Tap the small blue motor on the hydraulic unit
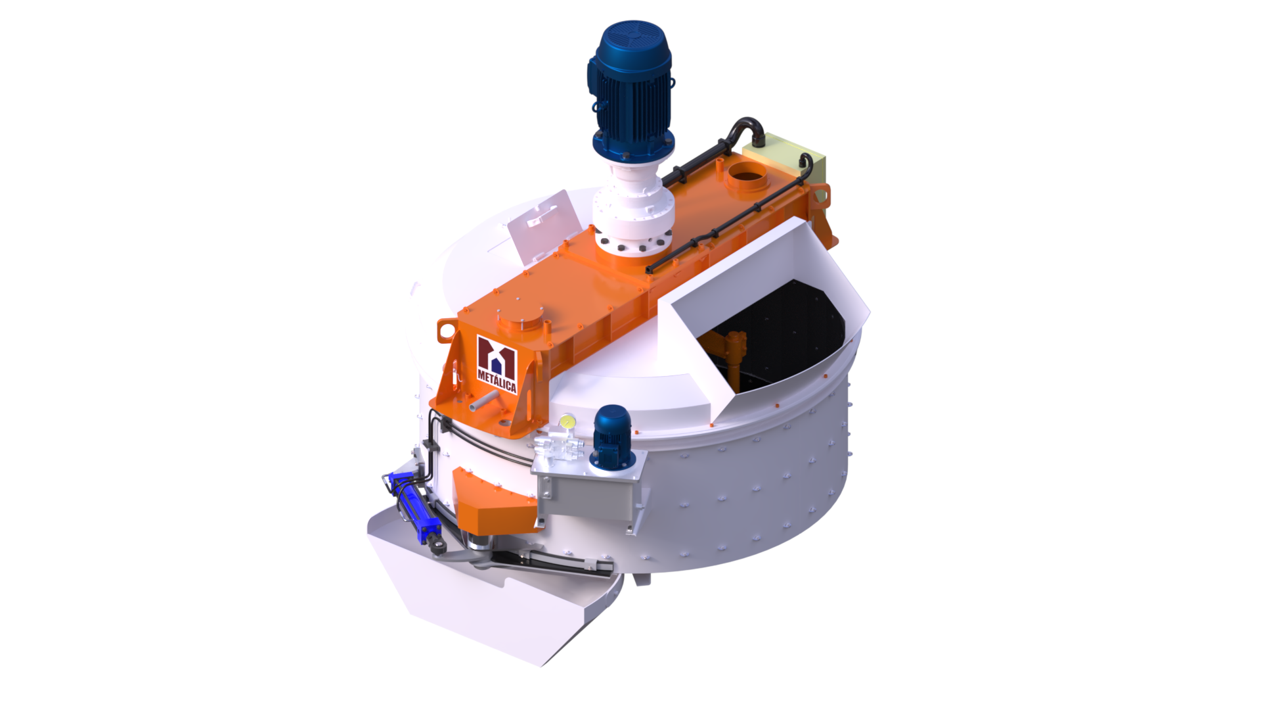click(x=613, y=437)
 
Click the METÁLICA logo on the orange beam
click(x=497, y=365)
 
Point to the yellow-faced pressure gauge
click(x=565, y=421)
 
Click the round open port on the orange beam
click(x=747, y=176)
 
